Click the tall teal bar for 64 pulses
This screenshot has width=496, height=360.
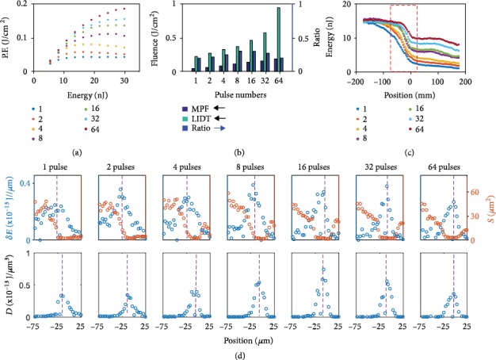click(x=279, y=40)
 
